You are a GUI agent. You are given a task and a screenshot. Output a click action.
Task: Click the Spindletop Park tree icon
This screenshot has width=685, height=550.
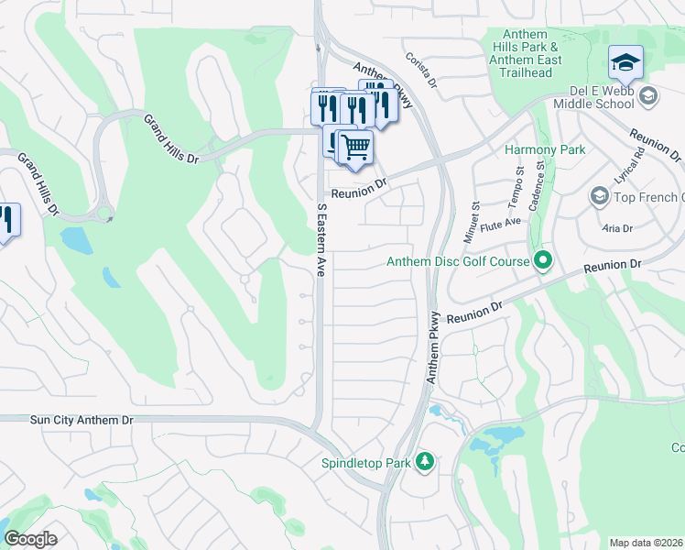tap(424, 462)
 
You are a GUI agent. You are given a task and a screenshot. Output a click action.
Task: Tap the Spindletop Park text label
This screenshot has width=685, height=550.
tap(365, 463)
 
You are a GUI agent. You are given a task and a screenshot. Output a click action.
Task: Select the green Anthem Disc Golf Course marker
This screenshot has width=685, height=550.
tap(542, 262)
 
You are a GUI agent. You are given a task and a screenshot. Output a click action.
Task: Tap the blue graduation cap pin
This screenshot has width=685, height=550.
tap(625, 63)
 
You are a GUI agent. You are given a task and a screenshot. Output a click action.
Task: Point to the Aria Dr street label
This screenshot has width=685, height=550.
tap(616, 228)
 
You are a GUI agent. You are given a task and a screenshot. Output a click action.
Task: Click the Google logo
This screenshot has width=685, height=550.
tap(30, 539)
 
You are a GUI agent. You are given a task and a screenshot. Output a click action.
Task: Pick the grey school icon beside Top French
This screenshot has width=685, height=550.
tap(599, 197)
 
